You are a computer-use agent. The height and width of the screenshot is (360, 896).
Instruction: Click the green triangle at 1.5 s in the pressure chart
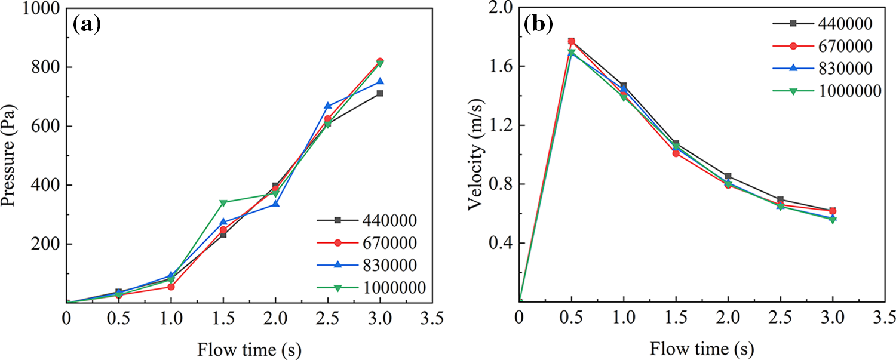tap(223, 203)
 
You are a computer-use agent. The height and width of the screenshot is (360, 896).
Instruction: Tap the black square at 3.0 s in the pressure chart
tap(380, 93)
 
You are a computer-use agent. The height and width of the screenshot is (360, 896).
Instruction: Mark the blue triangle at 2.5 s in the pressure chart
tap(327, 106)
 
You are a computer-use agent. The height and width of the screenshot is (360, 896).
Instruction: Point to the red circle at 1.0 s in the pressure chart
tap(171, 287)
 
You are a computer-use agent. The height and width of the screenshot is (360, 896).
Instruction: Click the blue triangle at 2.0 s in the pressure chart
tap(275, 204)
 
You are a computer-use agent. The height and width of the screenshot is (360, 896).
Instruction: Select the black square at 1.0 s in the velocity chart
tap(624, 85)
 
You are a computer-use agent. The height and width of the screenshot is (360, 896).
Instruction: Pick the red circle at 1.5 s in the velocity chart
tap(676, 153)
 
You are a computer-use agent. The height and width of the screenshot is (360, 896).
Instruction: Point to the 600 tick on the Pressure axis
tap(45, 127)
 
